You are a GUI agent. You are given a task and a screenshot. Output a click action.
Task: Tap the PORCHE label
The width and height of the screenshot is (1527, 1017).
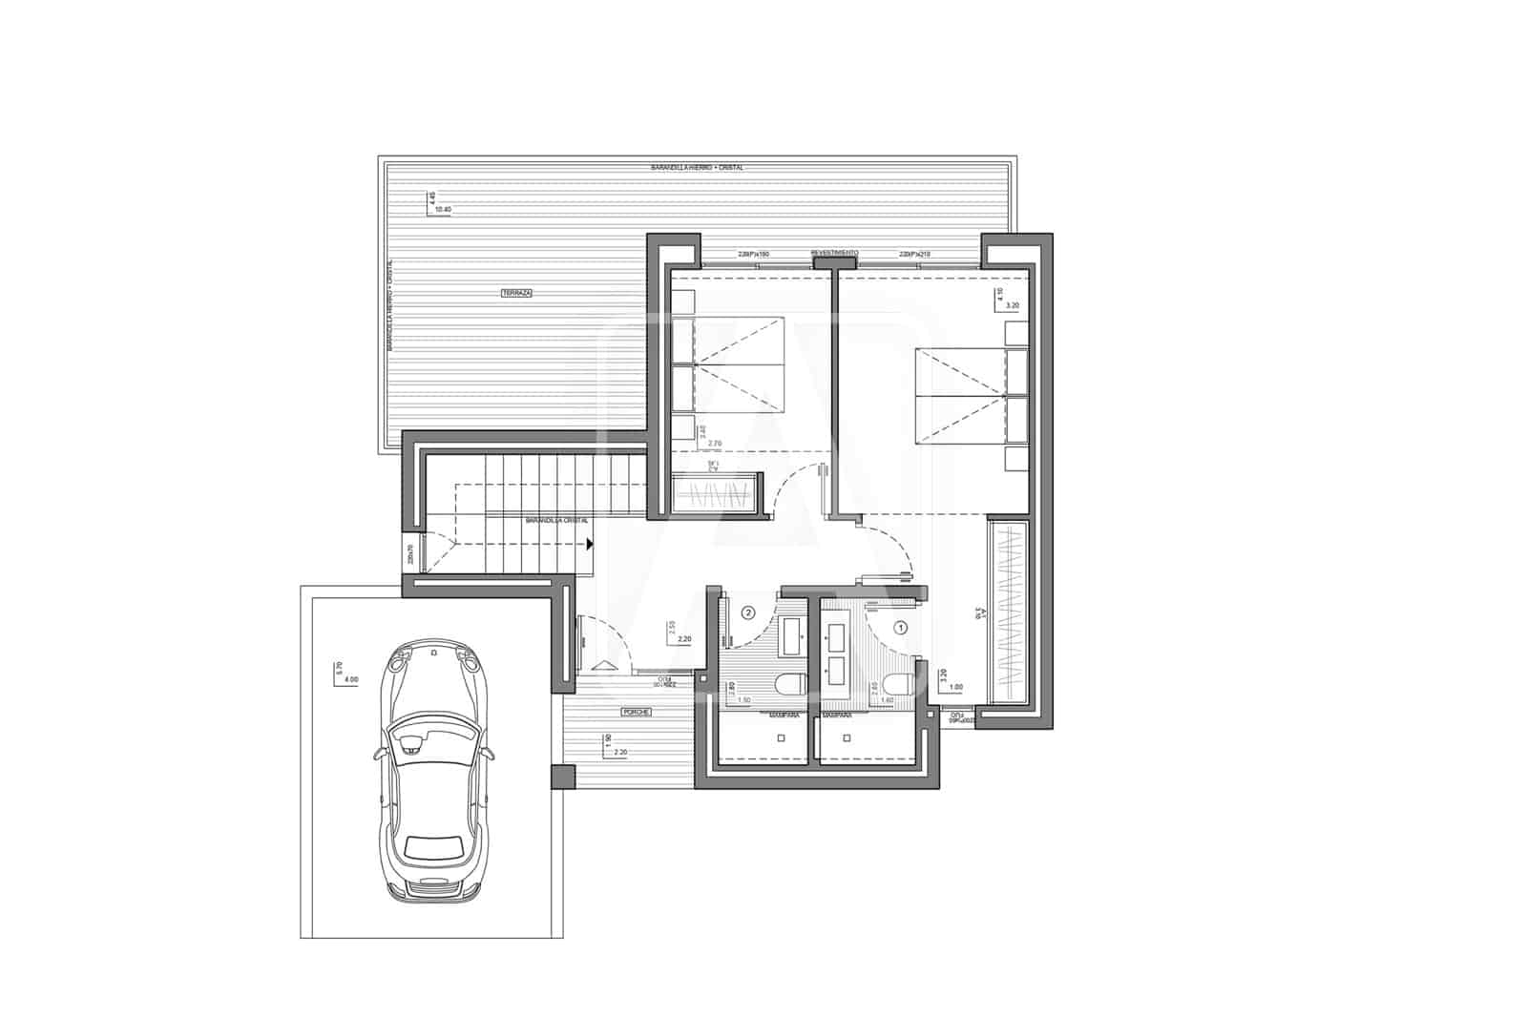pos(637,713)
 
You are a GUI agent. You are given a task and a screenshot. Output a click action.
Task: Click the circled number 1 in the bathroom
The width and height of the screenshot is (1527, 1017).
pos(900,627)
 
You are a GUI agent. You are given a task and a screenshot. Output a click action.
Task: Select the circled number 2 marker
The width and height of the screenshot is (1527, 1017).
pos(748,612)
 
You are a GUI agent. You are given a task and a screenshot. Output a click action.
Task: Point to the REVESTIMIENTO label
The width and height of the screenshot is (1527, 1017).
pos(834,254)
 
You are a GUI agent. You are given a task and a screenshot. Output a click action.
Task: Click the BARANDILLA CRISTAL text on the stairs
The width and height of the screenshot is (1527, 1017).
pos(556,521)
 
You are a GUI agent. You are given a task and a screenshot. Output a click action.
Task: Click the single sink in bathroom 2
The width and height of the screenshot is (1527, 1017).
pos(791,636)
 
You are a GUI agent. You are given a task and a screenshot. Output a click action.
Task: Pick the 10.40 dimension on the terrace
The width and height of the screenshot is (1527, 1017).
pos(442,209)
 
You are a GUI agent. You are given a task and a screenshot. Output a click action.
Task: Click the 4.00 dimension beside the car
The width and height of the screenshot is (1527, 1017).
pos(350,679)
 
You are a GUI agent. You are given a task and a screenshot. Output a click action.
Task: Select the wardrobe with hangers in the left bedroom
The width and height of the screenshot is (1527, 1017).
pos(716,497)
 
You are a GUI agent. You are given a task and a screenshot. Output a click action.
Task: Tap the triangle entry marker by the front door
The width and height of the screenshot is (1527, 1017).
pos(604,668)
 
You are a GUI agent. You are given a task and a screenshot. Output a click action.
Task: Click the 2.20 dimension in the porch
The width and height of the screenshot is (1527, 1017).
pos(619,752)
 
